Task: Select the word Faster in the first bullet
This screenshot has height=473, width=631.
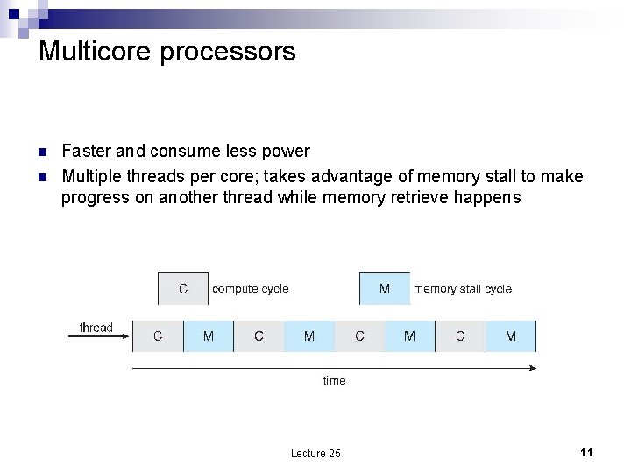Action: [86, 152]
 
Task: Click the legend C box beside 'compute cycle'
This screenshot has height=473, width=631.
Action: [183, 289]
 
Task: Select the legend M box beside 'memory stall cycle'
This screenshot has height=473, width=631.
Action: [385, 289]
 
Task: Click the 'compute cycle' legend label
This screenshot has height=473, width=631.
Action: [251, 289]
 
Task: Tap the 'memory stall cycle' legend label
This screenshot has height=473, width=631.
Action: [463, 289]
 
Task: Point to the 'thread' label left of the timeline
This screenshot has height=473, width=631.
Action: [96, 328]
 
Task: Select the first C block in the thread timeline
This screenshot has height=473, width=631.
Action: [158, 336]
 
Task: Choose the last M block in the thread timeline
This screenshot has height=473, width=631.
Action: [511, 336]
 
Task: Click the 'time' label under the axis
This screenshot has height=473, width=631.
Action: [334, 380]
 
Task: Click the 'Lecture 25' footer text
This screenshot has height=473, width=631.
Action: [315, 453]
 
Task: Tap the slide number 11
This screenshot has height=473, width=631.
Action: [587, 452]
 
